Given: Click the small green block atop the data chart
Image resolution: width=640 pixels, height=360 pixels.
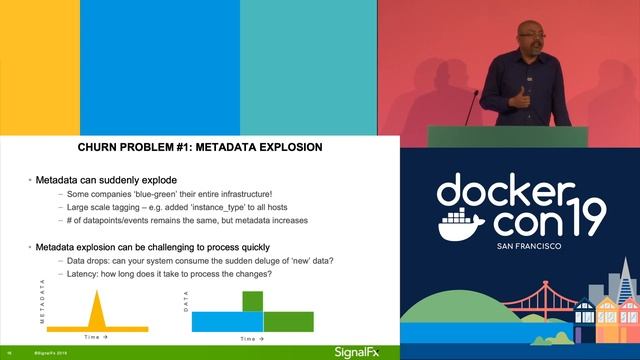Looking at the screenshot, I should (253, 300).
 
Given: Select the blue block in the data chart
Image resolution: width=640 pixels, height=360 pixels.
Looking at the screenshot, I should (228, 321).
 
